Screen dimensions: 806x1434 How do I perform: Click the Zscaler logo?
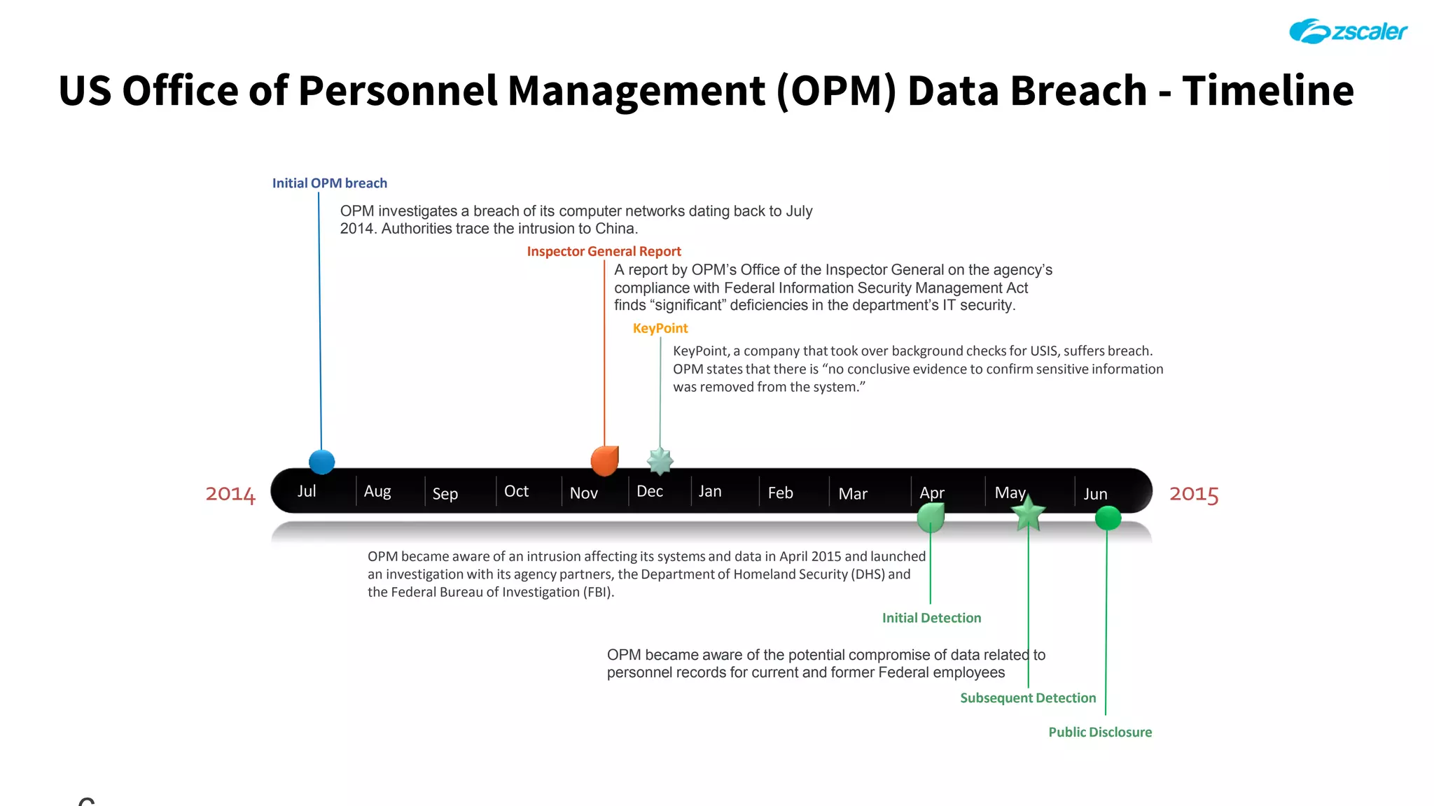coord(1348,31)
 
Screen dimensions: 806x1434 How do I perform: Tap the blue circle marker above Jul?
coord(322,462)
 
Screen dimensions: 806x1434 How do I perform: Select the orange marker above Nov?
coord(604,461)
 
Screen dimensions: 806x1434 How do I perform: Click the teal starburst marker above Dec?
coord(660,462)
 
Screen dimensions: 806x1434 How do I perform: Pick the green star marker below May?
coord(1028,515)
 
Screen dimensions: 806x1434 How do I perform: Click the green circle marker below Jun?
coord(1108,518)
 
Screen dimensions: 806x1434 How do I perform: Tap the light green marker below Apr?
coord(931,518)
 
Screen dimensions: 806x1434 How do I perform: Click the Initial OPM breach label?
coord(329,183)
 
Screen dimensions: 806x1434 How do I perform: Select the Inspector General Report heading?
coord(604,251)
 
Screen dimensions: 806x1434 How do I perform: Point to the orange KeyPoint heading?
coord(660,328)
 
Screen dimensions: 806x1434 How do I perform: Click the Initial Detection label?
coord(931,618)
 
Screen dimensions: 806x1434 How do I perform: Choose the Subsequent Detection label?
coord(1027,698)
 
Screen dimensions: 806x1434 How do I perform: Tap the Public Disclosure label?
coord(1099,732)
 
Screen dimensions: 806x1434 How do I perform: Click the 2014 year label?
coord(230,494)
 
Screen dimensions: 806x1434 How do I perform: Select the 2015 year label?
coord(1194,494)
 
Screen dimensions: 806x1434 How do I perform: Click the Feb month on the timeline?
coord(780,493)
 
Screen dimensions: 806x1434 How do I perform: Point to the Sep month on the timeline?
coord(445,494)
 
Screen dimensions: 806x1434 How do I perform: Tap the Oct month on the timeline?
coord(516,491)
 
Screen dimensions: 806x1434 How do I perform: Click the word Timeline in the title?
coord(1267,91)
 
